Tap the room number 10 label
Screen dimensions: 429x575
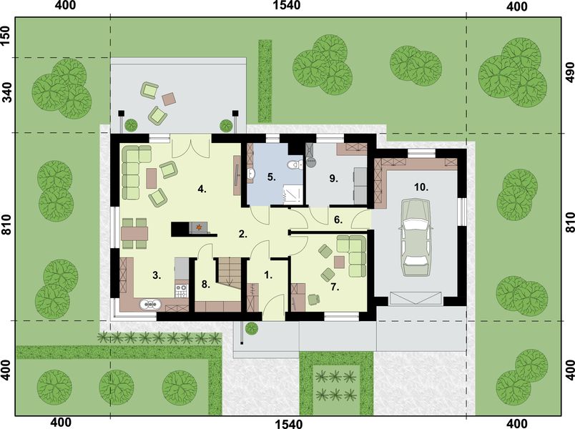tap(421, 187)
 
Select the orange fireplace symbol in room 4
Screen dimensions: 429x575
tap(200, 228)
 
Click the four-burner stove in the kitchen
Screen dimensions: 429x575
tap(181, 290)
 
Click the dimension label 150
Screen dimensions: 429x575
tap(6, 35)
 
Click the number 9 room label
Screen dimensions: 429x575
tap(333, 179)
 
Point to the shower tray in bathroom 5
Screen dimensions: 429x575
tap(293, 192)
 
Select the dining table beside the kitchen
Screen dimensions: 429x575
tap(134, 231)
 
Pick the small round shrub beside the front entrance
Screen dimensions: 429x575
tap(251, 329)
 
